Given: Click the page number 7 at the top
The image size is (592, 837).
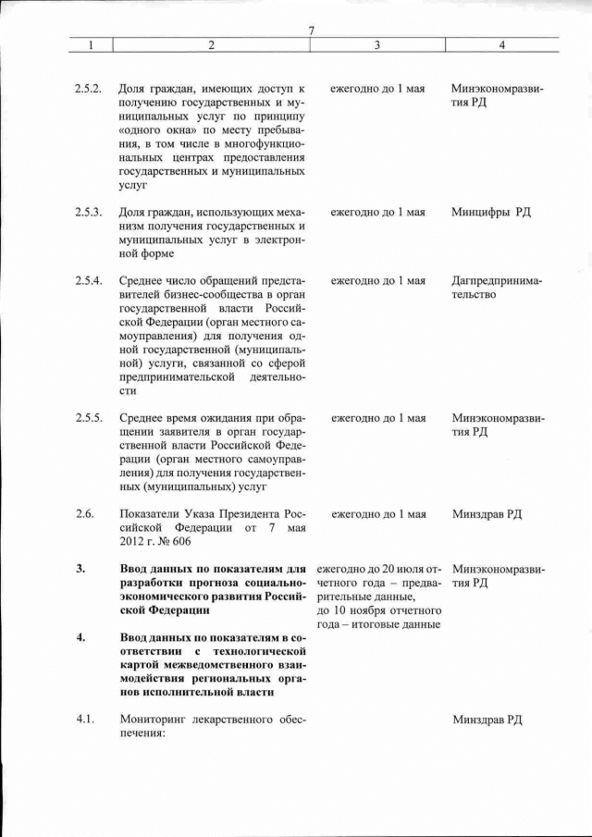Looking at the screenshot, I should (x=312, y=31).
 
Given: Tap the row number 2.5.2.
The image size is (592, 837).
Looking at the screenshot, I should (x=88, y=88).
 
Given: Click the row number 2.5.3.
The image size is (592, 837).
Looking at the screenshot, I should (x=88, y=212).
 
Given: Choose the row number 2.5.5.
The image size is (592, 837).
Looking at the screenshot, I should (x=88, y=417).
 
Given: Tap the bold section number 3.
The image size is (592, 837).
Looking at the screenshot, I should (x=80, y=568).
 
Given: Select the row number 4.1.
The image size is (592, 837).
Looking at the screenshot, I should (x=84, y=720).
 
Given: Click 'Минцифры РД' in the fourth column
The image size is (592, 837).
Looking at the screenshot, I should (x=491, y=212).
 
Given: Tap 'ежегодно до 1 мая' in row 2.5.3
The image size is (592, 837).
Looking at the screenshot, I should (x=378, y=212).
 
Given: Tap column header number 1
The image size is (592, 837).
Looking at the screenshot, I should (x=91, y=44).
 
